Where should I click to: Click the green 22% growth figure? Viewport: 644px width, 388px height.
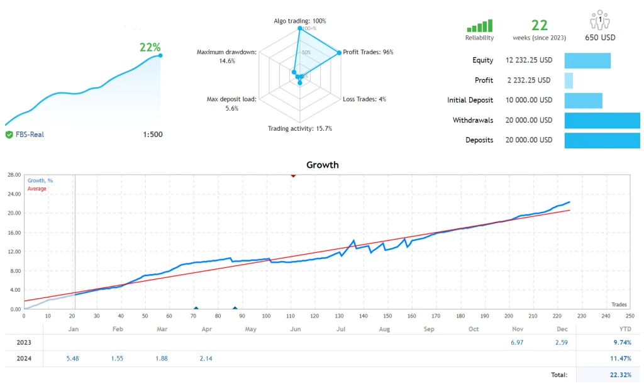pos(150,47)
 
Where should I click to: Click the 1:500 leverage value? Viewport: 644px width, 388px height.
pos(150,134)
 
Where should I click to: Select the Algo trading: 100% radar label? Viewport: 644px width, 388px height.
pos(299,21)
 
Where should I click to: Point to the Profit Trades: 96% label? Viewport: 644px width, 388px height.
pos(368,52)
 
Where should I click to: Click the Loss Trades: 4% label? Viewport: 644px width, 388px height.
pos(364,99)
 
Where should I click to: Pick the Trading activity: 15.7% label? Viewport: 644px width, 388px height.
pos(300,128)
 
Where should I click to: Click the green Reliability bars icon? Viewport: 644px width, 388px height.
pos(479,26)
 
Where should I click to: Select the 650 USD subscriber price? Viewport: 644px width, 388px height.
pos(600,38)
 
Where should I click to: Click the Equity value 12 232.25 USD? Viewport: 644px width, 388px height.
pos(528,60)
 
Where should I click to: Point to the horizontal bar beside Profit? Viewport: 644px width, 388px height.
pos(569,80)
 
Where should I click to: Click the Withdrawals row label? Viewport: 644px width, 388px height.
pos(472,120)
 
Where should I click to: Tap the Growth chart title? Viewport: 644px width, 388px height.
pos(322,165)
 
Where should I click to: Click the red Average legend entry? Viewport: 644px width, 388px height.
pos(36,189)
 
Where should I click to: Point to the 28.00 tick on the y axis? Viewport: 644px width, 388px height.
pos(13,175)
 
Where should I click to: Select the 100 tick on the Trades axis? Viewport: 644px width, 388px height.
pos(266,316)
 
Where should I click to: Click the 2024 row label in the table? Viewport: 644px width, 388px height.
pos(23,358)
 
